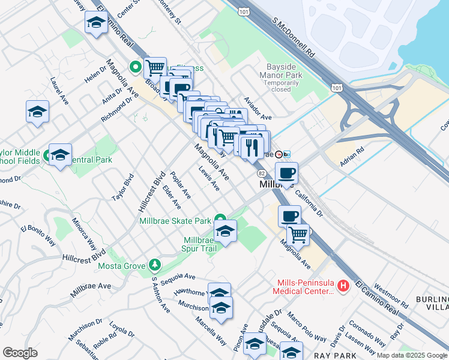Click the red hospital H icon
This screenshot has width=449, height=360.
tap(343, 286)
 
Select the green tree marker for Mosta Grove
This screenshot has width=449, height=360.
tap(155, 265)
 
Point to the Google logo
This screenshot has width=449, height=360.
tap(20, 353)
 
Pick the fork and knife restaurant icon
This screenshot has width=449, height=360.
tap(251, 146)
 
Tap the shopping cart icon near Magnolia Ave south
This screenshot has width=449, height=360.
tap(297, 234)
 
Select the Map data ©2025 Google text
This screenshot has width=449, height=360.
tap(411, 355)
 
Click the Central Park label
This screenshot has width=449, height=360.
tap(92, 160)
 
